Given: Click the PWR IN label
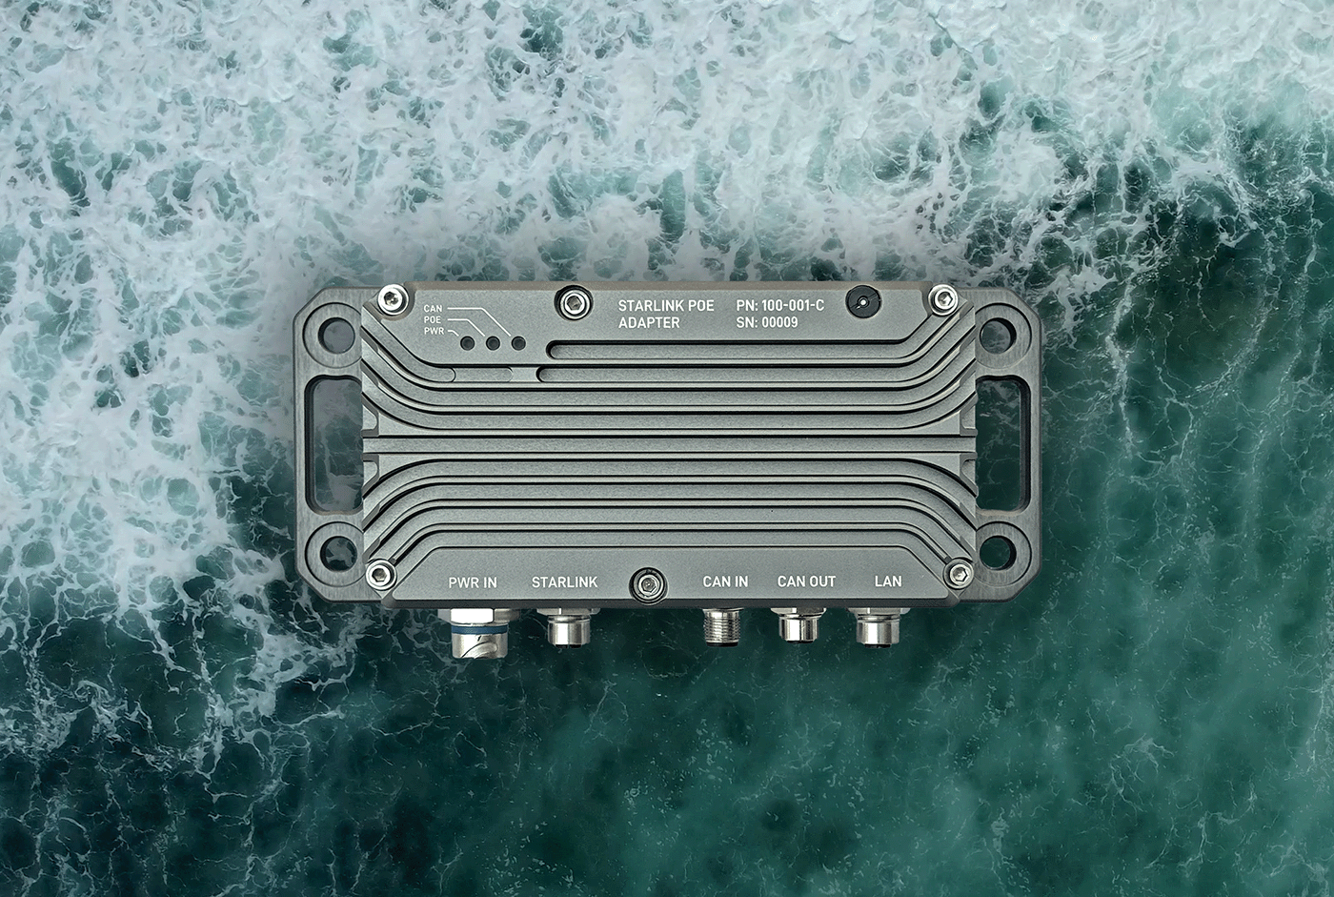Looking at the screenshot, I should pyautogui.click(x=473, y=582).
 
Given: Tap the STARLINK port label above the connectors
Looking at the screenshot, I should pyautogui.click(x=564, y=582).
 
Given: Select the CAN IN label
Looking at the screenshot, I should pyautogui.click(x=725, y=581).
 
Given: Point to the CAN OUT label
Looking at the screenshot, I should pyautogui.click(x=806, y=581).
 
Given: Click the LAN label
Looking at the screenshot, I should pyautogui.click(x=888, y=581).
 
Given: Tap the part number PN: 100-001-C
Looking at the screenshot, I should pyautogui.click(x=779, y=305).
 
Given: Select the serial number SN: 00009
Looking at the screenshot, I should pyautogui.click(x=767, y=323).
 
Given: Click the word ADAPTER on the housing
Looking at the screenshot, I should pyautogui.click(x=649, y=323).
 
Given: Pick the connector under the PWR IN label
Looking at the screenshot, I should pyautogui.click(x=474, y=635).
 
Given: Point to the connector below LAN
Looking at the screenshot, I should pyautogui.click(x=879, y=628).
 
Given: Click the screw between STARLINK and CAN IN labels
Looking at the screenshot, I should pyautogui.click(x=649, y=583).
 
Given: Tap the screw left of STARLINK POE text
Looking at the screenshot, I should pyautogui.click(x=572, y=303).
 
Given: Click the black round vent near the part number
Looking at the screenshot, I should pyautogui.click(x=862, y=301).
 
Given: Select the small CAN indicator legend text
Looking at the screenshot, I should pyautogui.click(x=433, y=309).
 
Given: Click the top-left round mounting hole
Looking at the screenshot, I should pyautogui.click(x=335, y=334).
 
